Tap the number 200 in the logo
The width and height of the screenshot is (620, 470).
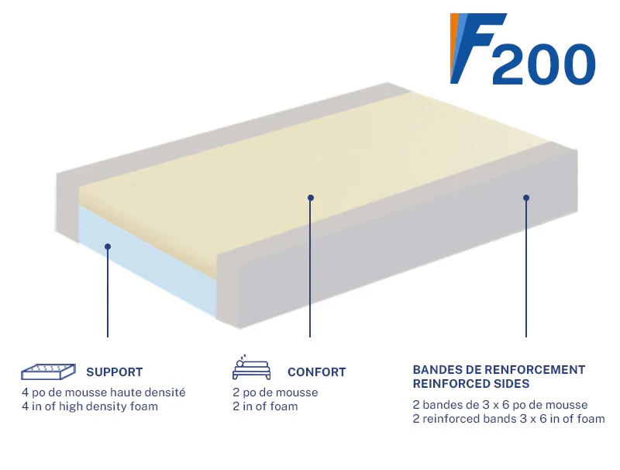[544, 64]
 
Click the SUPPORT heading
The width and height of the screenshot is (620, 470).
[114, 372]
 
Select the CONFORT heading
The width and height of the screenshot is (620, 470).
[317, 372]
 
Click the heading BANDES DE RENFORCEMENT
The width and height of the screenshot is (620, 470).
[499, 369]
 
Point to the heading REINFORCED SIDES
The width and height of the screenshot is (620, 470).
[471, 383]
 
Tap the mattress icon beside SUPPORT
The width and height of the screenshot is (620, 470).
[48, 372]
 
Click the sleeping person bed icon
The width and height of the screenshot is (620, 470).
[251, 368]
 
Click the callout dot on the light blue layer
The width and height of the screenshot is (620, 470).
[108, 247]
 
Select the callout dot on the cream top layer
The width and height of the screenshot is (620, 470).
[311, 198]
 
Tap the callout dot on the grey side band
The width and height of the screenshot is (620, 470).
[526, 198]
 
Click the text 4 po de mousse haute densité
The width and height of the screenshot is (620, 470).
[104, 392]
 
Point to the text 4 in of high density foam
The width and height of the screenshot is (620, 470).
[90, 406]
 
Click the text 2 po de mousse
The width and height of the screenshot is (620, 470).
[275, 392]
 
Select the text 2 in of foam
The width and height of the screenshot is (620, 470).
[265, 406]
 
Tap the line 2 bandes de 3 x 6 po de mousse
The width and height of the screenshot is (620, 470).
[500, 405]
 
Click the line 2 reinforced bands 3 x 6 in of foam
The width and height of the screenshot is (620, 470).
[509, 419]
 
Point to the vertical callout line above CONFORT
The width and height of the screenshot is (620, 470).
[310, 268]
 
